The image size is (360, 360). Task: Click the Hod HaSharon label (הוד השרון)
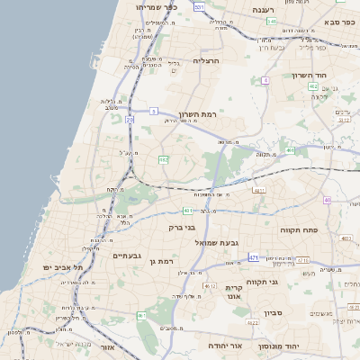pos(332,75)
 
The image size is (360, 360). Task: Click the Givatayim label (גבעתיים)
pos(130,256)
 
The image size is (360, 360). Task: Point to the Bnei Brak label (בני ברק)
pos(183,228)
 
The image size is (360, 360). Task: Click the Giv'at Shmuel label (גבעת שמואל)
pos(217,242)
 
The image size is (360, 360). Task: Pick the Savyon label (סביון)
pos(273,312)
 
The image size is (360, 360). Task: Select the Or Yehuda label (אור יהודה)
pos(220,346)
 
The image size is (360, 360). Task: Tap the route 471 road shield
pos(254,257)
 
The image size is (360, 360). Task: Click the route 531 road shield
pos(199,7)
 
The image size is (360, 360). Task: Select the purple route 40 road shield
pos(328,200)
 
